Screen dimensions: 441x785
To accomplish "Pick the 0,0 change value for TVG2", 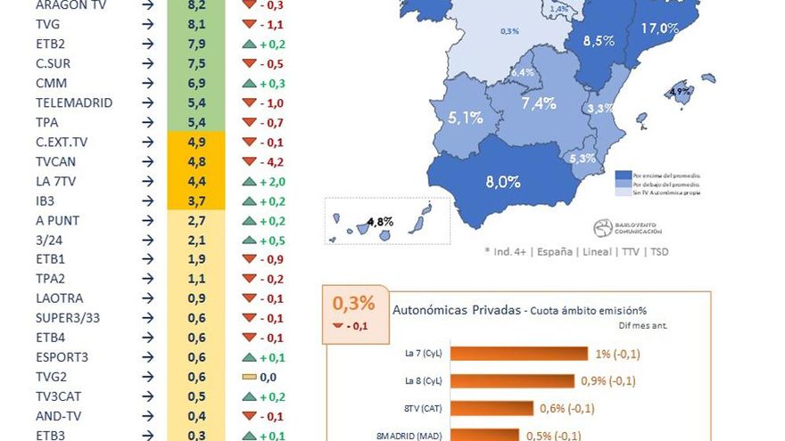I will coord(263,377).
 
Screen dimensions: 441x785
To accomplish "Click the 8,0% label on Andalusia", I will coord(502,182).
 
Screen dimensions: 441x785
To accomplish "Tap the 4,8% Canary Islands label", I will coord(380,222).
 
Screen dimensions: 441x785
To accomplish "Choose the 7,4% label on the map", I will coord(539,103).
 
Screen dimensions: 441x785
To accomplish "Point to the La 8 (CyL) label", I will coord(423,381).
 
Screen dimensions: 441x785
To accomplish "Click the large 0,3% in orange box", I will coord(353,304).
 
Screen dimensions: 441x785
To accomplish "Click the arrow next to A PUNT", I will coord(146,220).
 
